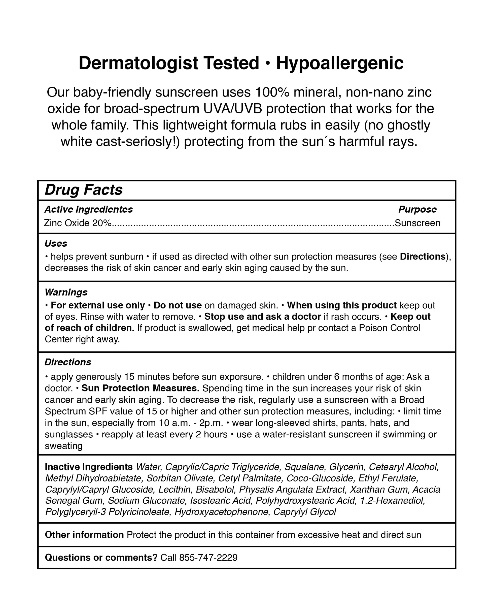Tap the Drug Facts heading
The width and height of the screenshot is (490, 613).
click(84, 190)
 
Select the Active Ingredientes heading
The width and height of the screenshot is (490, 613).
click(89, 209)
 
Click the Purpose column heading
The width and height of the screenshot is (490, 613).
click(417, 209)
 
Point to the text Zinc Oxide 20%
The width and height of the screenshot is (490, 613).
click(77, 223)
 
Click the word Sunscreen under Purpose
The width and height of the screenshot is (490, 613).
click(417, 223)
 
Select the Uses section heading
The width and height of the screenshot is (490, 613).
click(56, 243)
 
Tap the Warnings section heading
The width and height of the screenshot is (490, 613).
click(66, 292)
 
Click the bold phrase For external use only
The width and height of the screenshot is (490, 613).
click(97, 305)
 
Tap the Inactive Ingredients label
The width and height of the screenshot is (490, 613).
click(89, 467)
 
